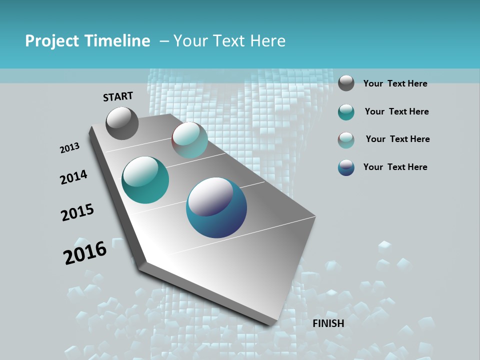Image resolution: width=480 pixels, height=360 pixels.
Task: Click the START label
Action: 118,96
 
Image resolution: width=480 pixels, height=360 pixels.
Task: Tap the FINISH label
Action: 328,323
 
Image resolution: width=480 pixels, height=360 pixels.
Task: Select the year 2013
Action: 69,148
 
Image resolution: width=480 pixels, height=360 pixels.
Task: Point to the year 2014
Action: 73,177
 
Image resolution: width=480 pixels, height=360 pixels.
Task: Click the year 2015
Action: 77,212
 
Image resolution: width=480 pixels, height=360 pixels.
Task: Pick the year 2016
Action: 85,252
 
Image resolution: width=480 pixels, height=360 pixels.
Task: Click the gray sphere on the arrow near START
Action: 122,123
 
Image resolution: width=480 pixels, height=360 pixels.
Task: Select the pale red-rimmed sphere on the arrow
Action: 189,140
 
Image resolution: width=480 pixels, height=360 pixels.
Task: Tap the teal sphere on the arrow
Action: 145,180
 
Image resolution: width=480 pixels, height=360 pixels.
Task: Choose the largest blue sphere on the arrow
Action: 216,207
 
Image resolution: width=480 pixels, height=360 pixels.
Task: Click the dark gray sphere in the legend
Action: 346,83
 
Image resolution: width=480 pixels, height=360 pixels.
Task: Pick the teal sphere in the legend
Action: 346,112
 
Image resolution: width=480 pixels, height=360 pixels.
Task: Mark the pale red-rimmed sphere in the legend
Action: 346,140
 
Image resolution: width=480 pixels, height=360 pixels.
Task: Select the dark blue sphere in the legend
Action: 346,167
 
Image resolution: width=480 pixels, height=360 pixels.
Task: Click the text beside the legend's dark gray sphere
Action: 395,83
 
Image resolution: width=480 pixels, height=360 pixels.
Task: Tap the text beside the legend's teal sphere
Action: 396,111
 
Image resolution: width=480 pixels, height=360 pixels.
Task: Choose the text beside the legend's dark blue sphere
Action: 395,167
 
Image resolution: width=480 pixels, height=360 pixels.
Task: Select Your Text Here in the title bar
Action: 229,41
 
